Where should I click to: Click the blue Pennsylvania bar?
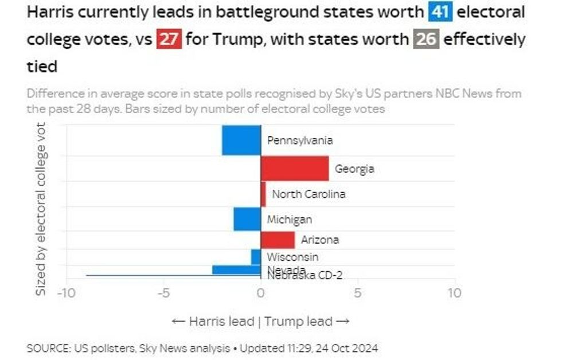(x=241, y=140)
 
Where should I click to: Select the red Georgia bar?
(x=295, y=169)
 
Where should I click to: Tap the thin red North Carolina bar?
(x=263, y=194)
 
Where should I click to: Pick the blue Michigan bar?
(x=247, y=219)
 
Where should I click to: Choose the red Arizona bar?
(x=278, y=240)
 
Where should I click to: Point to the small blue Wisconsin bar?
(x=256, y=257)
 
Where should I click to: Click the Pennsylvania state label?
(x=300, y=140)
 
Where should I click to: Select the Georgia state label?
(x=354, y=169)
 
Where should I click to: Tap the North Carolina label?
(x=309, y=194)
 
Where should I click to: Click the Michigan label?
(x=290, y=220)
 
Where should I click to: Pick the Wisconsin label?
(x=292, y=257)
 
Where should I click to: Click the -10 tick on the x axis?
(x=66, y=293)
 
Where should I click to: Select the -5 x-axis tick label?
(x=163, y=293)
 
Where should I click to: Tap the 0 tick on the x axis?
(x=261, y=293)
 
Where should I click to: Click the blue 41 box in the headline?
(x=440, y=12)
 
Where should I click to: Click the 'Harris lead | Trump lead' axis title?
(x=261, y=321)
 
